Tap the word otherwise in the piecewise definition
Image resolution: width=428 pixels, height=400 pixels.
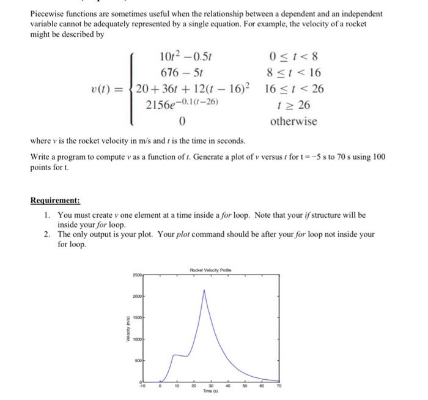tap(293, 121)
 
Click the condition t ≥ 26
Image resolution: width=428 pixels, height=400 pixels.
tap(293, 105)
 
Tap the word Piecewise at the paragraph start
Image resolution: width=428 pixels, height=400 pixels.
tap(50, 13)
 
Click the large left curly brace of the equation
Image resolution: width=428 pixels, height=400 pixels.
tap(130, 89)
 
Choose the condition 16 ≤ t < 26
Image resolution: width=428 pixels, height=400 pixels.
tap(294, 89)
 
